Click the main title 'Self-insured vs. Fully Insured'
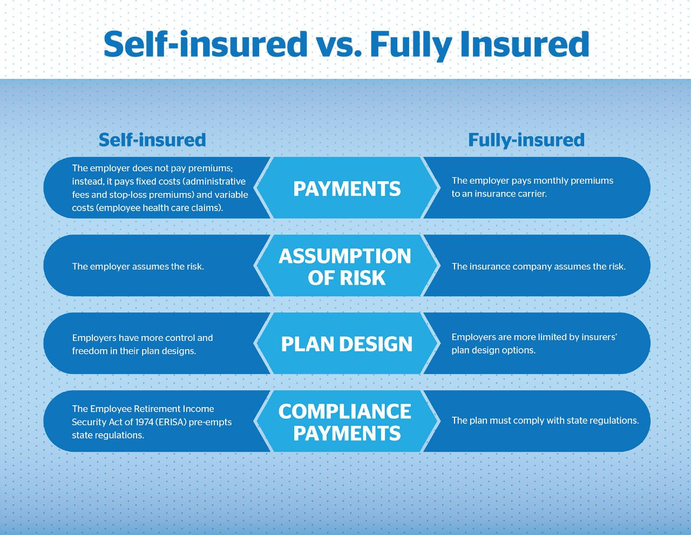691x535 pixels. click(x=345, y=44)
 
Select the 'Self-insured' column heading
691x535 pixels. click(x=152, y=140)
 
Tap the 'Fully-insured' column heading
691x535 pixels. click(x=526, y=140)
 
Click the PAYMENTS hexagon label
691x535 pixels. click(x=347, y=189)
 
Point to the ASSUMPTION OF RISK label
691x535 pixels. click(x=345, y=266)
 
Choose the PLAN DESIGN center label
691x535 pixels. click(x=347, y=344)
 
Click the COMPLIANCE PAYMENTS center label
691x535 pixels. click(x=345, y=422)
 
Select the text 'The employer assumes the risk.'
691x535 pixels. click(x=138, y=266)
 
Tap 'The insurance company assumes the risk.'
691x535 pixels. click(x=538, y=266)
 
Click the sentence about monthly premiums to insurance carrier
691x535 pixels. click(x=532, y=187)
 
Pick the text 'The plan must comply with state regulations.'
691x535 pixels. click(x=545, y=420)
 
